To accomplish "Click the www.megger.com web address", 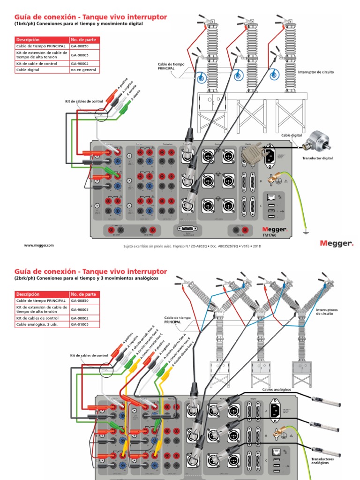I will point(39,245).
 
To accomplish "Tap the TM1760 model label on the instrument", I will point(269,235).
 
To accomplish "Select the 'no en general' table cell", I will point(83,70).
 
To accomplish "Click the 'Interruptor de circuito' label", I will point(315,72).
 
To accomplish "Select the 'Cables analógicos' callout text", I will point(277,390).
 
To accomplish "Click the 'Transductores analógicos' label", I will point(323,461).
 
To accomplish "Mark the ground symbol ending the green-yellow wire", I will point(306,231).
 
